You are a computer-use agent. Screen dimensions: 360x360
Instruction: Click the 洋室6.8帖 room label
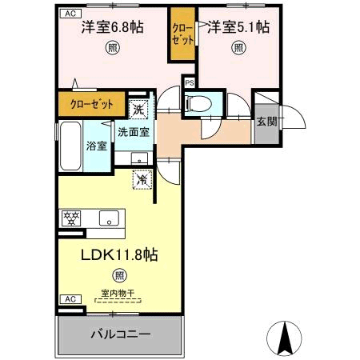(x=112, y=26)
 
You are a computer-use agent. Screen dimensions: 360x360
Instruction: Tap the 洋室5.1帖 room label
(x=239, y=26)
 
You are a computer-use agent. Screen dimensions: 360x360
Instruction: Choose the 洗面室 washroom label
(x=134, y=131)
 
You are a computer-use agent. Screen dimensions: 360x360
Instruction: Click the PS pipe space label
(x=190, y=82)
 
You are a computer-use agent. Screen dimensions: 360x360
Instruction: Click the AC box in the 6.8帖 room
(x=70, y=14)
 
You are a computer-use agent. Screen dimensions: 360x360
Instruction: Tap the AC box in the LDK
(x=70, y=298)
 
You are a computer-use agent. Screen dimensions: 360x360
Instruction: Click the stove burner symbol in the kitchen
(x=70, y=217)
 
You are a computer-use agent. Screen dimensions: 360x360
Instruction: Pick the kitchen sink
(x=108, y=217)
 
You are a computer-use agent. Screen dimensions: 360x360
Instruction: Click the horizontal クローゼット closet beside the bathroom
(x=90, y=104)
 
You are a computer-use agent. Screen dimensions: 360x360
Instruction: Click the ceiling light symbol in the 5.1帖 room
(x=239, y=47)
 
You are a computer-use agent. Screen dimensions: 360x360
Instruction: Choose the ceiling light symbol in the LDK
(x=118, y=276)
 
